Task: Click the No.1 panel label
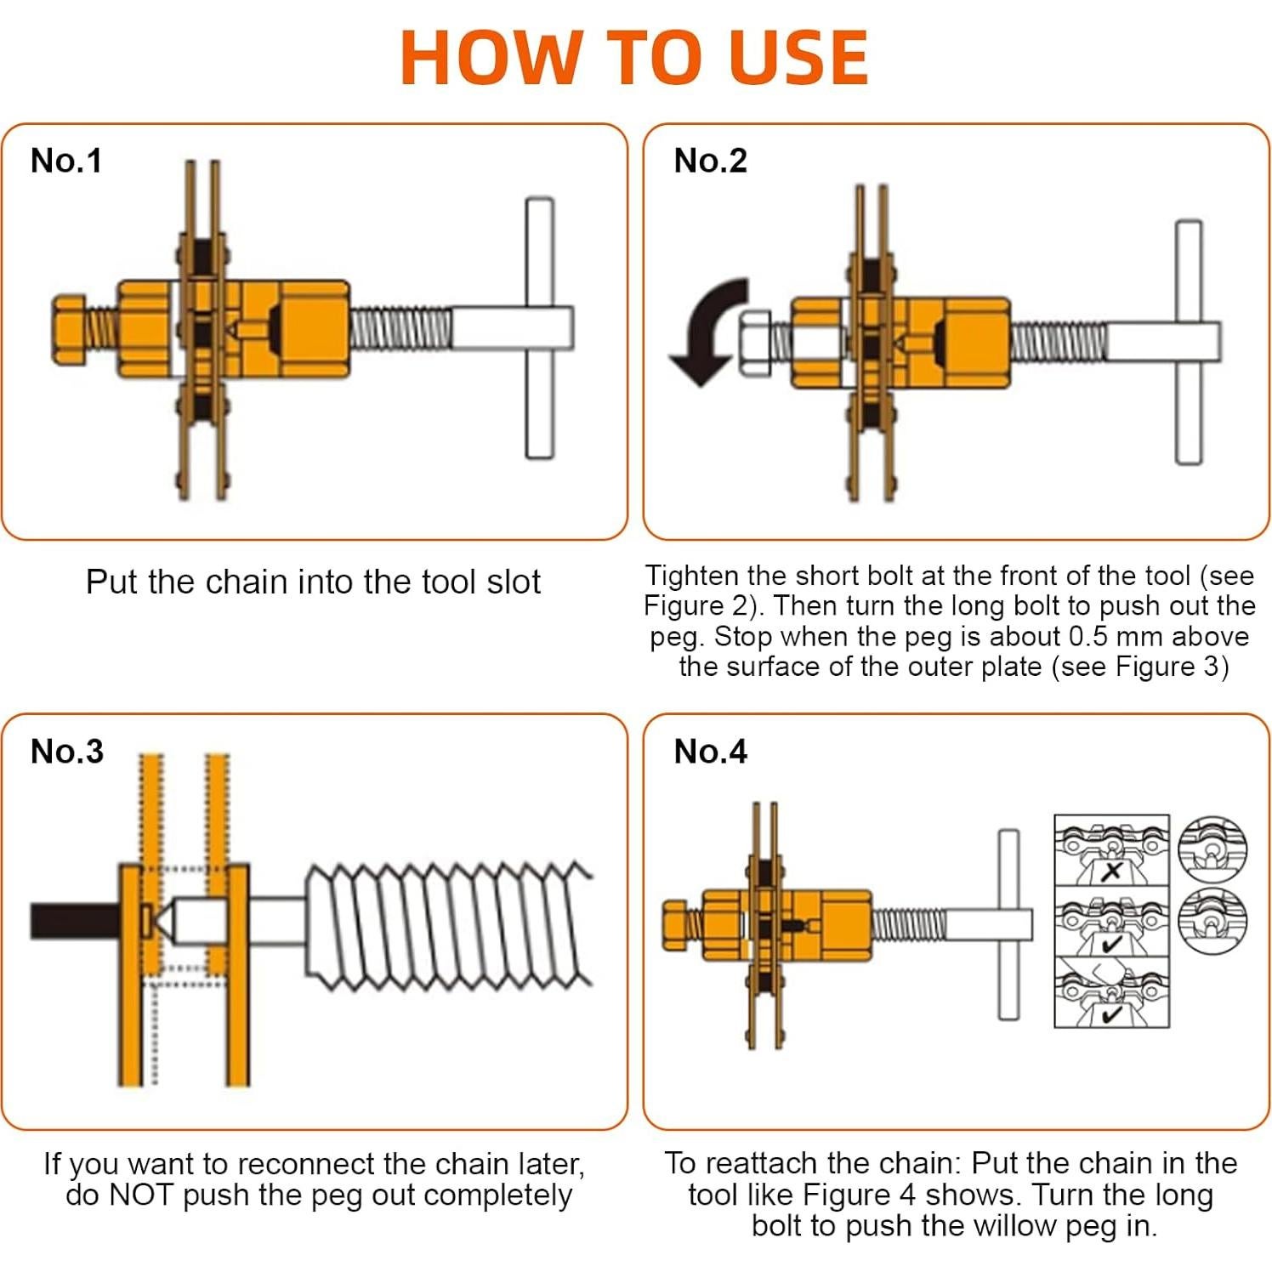tap(66, 161)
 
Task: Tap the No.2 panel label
tap(710, 161)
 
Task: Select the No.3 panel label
tap(67, 751)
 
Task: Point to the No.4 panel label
tap(710, 751)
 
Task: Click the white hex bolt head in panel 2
tap(755, 343)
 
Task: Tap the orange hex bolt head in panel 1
tap(69, 330)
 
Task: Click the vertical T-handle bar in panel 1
tap(539, 328)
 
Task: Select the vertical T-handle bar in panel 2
tap(1189, 342)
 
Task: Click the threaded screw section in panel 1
tap(400, 329)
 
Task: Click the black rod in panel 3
tap(75, 921)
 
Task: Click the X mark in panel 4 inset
tap(1111, 871)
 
